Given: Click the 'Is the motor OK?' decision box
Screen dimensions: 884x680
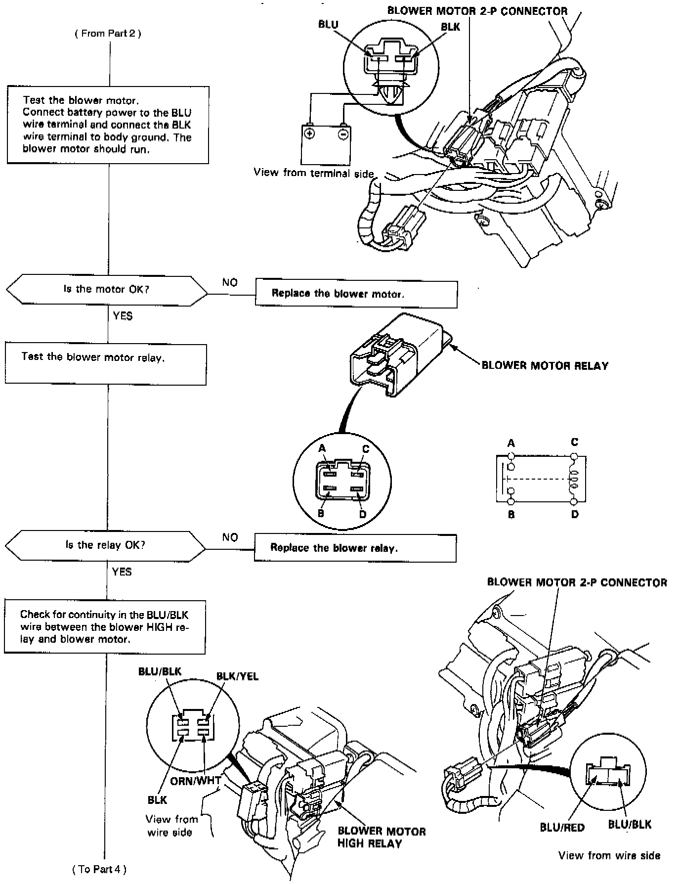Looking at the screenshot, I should [106, 289].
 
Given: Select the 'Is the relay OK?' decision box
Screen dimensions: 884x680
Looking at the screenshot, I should [105, 545].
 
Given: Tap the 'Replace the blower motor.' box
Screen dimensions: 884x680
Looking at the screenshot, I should [356, 294].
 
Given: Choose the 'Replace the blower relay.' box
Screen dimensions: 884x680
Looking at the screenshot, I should [355, 548].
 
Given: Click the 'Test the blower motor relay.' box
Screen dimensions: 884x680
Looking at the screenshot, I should [105, 364].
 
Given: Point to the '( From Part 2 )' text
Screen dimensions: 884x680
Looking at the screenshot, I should [108, 34].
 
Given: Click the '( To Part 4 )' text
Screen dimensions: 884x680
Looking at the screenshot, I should [99, 869].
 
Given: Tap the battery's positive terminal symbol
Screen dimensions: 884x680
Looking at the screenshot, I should [309, 133].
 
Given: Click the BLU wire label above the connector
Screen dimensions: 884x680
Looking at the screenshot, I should [328, 25].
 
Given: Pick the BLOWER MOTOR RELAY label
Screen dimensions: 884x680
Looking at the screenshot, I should [545, 366].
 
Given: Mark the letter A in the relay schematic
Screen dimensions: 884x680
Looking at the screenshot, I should [511, 443].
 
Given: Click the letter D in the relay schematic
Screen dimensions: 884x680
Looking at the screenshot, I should [574, 515].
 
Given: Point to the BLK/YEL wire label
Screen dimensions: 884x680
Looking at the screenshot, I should [237, 676].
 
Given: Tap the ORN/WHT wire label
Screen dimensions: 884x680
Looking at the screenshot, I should [195, 781].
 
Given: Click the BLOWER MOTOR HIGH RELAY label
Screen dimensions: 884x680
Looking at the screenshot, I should [381, 837].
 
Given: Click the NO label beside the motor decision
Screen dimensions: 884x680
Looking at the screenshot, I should [230, 282].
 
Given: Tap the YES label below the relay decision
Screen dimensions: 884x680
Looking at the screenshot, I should [122, 572].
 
